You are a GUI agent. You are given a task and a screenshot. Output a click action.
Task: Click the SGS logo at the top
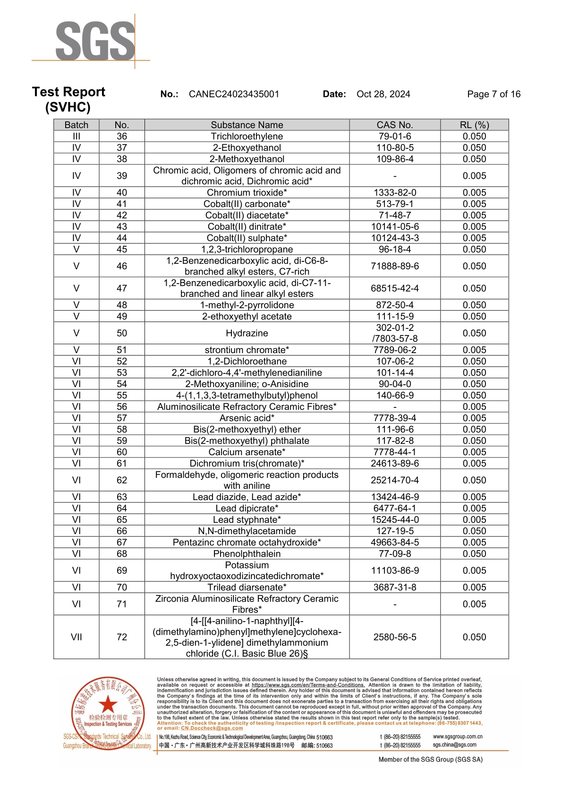[x=95, y=41]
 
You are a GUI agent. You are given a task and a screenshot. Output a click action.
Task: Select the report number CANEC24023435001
[x=234, y=94]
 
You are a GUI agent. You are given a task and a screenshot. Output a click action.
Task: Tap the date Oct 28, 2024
[x=383, y=94]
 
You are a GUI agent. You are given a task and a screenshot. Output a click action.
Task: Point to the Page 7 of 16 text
[x=494, y=94]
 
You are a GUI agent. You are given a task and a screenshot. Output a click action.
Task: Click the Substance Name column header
[x=247, y=125]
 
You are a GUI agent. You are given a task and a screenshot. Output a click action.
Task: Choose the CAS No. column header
[x=394, y=125]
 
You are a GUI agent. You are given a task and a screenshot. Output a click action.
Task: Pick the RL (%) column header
[x=474, y=125]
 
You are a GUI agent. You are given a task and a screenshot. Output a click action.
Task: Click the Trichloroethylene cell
[x=247, y=136]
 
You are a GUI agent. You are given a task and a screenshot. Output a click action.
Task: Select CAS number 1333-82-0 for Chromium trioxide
[x=394, y=192]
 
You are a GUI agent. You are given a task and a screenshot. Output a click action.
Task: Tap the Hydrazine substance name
[x=247, y=333]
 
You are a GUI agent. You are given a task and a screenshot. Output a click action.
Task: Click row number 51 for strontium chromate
[x=122, y=350]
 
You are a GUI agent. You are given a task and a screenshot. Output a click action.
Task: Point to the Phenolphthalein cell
[x=247, y=554]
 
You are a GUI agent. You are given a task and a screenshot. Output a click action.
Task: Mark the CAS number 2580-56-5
[x=394, y=637]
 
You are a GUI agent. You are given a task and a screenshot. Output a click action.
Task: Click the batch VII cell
[x=77, y=637]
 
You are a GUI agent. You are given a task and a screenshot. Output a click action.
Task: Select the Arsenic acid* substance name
[x=247, y=418]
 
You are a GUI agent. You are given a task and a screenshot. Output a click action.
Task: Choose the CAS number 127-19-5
[x=394, y=531]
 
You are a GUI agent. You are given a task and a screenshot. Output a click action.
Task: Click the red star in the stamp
[x=108, y=704]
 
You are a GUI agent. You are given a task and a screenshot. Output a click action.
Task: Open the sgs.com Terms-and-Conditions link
[x=308, y=685]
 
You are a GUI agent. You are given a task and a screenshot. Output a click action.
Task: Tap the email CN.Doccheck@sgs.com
[x=212, y=728]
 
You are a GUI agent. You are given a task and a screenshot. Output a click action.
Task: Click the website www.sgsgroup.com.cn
[x=457, y=736]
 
